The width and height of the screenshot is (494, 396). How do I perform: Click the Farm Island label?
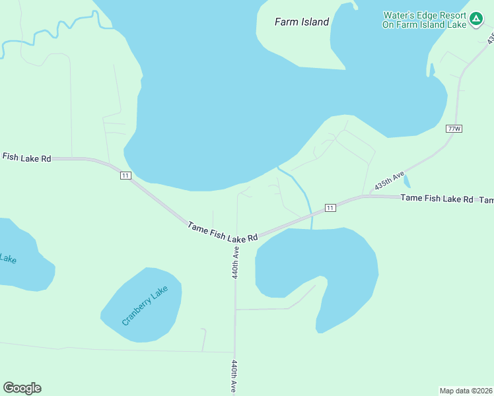click(x=301, y=22)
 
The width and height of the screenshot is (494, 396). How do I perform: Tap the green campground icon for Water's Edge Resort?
click(x=476, y=18)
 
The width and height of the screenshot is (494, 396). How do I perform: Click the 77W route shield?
click(x=454, y=128)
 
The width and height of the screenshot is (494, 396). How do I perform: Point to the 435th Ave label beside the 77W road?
click(x=390, y=181)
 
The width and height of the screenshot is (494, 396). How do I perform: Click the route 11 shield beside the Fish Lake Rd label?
click(x=125, y=175)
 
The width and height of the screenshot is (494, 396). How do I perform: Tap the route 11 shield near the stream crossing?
click(x=330, y=208)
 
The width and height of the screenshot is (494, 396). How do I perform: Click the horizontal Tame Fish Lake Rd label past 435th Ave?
click(x=437, y=198)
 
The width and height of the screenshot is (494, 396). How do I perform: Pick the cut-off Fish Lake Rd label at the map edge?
click(x=26, y=158)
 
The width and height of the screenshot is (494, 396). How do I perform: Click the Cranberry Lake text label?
click(x=145, y=305)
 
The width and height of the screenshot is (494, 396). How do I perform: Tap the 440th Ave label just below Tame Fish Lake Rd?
click(x=235, y=262)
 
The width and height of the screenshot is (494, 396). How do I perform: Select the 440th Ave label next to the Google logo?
click(x=234, y=376)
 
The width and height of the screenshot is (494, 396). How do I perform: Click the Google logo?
click(x=22, y=388)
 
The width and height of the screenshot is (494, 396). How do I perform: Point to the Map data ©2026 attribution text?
click(x=466, y=390)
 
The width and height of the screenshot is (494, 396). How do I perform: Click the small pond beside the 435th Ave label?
click(x=406, y=180)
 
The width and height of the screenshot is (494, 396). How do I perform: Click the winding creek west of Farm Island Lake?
click(x=59, y=30)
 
